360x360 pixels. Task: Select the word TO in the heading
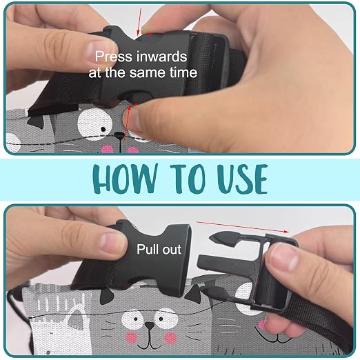tap(188, 179)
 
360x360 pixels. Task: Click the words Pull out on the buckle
tap(159, 249)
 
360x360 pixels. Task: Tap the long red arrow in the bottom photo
tap(242, 227)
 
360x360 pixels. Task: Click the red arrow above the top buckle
tap(139, 22)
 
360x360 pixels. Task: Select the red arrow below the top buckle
tap(128, 122)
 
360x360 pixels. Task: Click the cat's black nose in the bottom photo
tap(150, 326)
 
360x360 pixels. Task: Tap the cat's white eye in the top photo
tap(94, 122)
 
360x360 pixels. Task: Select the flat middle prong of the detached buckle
tap(226, 263)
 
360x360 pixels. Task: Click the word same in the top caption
tap(148, 72)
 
